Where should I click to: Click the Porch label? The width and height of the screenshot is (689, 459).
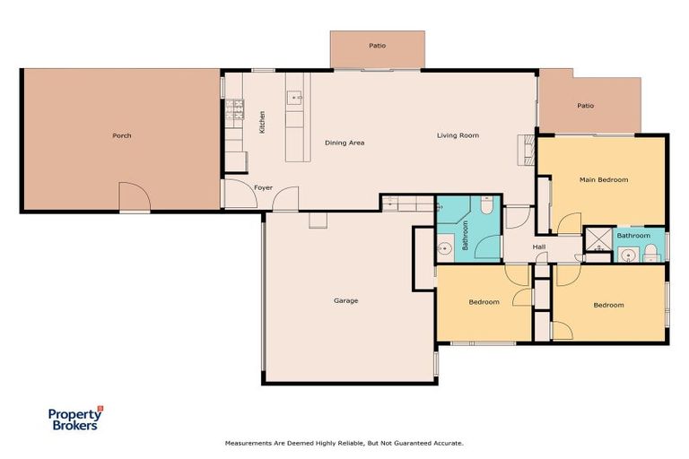122,135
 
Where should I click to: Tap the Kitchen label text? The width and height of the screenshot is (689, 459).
262,122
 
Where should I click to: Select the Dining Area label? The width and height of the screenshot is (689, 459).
344,143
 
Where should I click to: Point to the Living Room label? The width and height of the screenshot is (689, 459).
458,135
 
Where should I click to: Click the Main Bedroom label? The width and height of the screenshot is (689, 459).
604,179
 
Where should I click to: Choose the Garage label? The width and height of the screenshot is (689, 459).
345,301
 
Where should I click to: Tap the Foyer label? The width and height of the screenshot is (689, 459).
263,187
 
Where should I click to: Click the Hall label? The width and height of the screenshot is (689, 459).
539,247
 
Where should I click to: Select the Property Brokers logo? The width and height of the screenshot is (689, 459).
75,418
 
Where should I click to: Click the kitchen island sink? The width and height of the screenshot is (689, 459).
294,98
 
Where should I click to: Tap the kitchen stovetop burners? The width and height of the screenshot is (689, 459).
235,109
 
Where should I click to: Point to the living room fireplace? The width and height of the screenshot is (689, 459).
527,150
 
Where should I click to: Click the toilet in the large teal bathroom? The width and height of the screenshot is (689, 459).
486,204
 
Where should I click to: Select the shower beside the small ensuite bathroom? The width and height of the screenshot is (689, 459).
598,239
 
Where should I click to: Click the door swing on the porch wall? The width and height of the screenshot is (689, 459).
135,196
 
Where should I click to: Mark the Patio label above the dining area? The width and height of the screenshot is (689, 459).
378,46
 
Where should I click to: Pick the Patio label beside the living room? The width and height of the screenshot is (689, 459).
585,106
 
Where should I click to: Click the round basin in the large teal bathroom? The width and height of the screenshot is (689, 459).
445,248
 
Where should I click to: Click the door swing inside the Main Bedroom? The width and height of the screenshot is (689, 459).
570,223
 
